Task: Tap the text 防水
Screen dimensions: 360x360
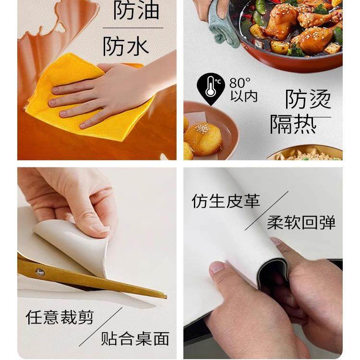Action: pyautogui.click(x=126, y=47)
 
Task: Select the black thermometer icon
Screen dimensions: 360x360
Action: pyautogui.click(x=211, y=88)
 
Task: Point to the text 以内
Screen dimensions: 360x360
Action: pyautogui.click(x=244, y=96)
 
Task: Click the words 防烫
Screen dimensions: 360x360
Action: pyautogui.click(x=308, y=100)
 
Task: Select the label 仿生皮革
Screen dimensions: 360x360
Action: pyautogui.click(x=226, y=201)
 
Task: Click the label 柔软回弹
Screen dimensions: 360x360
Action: pyautogui.click(x=301, y=222)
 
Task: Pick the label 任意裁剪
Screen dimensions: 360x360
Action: pyautogui.click(x=60, y=317)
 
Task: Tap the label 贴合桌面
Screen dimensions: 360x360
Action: pyautogui.click(x=135, y=338)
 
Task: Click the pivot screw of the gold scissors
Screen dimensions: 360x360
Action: pyautogui.click(x=40, y=272)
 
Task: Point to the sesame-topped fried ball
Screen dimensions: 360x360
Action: pyautogui.click(x=203, y=138)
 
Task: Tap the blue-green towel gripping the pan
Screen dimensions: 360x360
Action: pyautogui.click(x=223, y=24)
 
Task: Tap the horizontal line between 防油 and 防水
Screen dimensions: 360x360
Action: pyautogui.click(x=132, y=28)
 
